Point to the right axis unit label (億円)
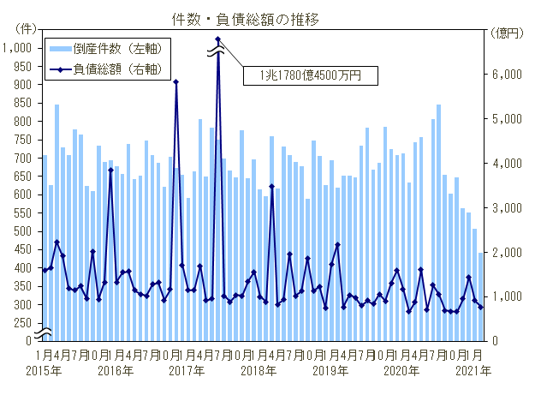[x=508, y=33]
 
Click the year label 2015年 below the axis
[x=43, y=371]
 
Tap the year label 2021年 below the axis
[x=473, y=371]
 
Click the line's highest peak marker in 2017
[x=218, y=39]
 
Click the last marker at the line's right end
[x=481, y=308]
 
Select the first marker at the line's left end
[x=45, y=271]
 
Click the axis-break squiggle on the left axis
[x=45, y=332]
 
